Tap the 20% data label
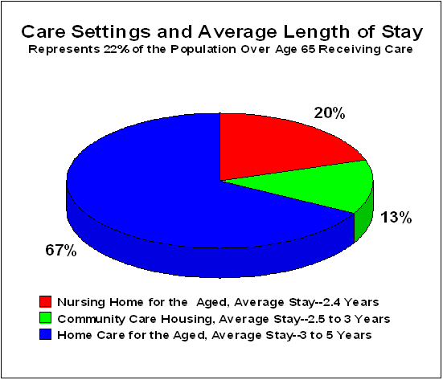pos(330,113)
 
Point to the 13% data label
pos(396,218)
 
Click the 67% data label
pos(61,250)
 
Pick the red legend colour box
pos(46,301)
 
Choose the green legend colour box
pos(46,317)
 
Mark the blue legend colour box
pos(46,334)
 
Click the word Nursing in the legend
pos(81,303)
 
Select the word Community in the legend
pos(92,319)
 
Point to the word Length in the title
pos(317,31)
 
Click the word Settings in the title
pos(111,31)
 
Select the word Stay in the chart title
pos(402,32)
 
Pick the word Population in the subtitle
pos(203,49)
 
